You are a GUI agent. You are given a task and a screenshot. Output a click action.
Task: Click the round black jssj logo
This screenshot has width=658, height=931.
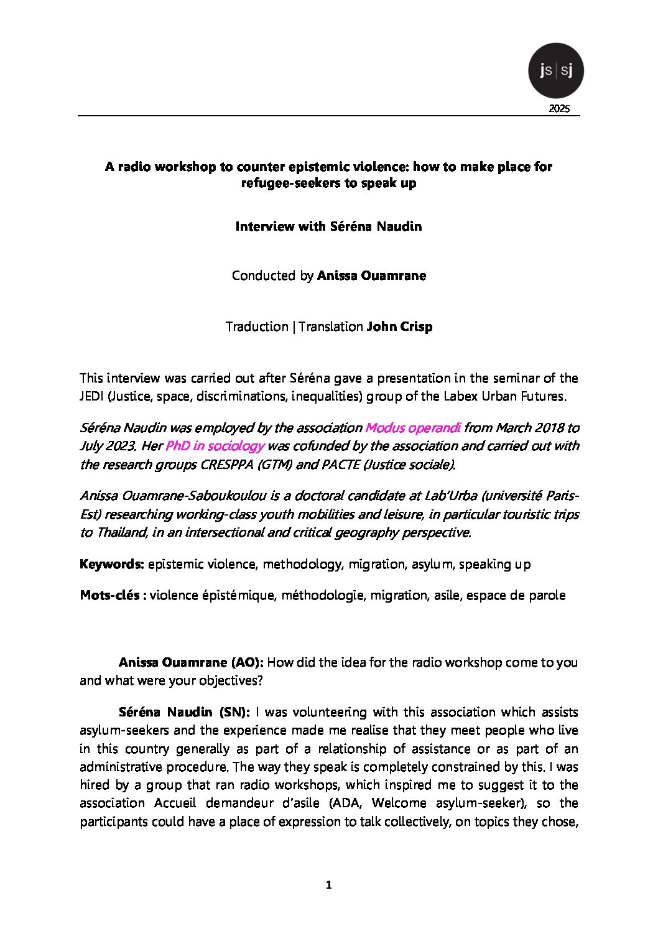(555, 71)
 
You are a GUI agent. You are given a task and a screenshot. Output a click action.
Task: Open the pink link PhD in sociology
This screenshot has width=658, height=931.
(215, 446)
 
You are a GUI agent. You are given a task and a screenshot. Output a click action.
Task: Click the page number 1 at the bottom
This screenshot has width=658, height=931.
(329, 885)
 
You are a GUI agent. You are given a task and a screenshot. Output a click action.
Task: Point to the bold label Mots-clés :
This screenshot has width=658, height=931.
(113, 595)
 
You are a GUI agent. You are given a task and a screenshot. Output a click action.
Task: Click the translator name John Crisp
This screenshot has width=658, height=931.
(399, 327)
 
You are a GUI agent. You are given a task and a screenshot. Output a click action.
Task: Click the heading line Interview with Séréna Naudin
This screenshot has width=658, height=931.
(328, 226)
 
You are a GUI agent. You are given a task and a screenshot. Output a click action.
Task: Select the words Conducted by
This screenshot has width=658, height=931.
(272, 276)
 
